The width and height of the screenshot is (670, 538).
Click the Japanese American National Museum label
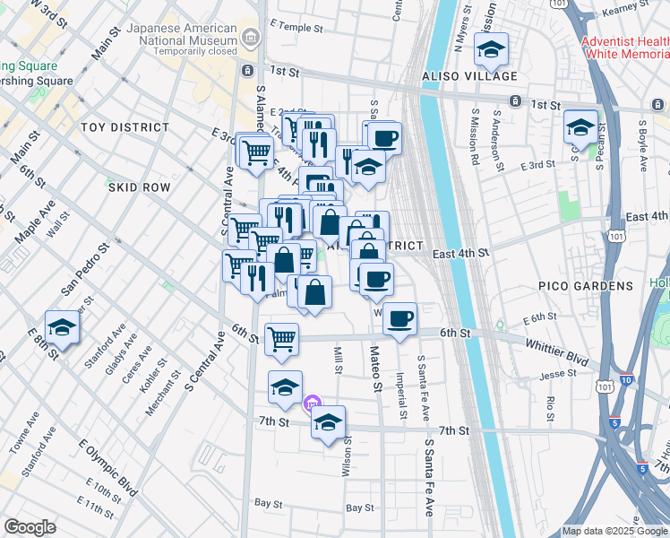pos(181,33)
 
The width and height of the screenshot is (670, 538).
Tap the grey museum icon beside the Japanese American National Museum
pos(250,37)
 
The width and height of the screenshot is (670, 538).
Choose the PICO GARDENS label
pos(586,286)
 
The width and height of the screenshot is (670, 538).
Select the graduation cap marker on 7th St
pos(329,421)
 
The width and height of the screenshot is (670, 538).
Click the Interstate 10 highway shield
pos(625,380)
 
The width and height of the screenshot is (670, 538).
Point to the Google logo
pos(30,526)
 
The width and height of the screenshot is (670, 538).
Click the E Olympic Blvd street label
pos(107,467)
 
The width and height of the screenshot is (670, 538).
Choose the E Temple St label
pos(296,28)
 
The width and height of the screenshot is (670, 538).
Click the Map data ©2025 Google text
pos(614,531)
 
